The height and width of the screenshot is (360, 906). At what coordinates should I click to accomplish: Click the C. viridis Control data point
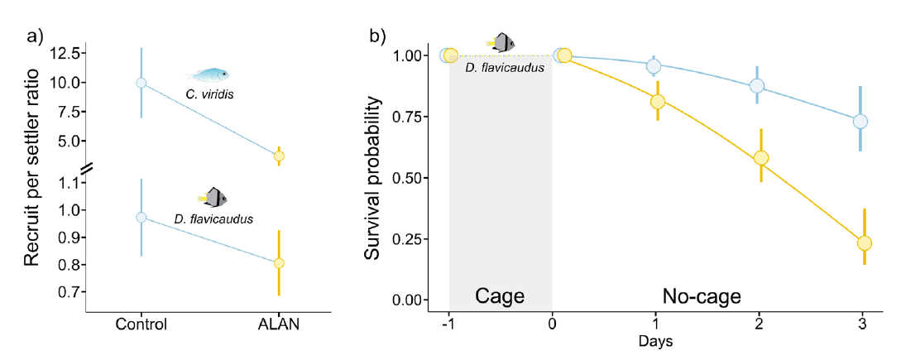(x=141, y=83)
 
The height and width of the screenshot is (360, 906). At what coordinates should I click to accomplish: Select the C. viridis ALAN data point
(x=279, y=156)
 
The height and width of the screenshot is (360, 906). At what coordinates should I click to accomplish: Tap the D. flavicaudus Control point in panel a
(x=141, y=217)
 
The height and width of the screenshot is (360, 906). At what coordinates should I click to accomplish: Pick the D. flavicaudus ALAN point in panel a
(x=279, y=263)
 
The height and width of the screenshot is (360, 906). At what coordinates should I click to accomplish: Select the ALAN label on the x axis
(x=279, y=324)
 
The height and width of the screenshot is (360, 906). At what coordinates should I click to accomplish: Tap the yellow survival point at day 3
(x=865, y=243)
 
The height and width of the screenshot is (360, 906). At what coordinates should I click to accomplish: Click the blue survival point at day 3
(x=860, y=122)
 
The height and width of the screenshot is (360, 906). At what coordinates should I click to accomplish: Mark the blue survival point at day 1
(x=654, y=66)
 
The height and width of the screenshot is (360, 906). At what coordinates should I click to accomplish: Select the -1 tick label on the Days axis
(x=448, y=324)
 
